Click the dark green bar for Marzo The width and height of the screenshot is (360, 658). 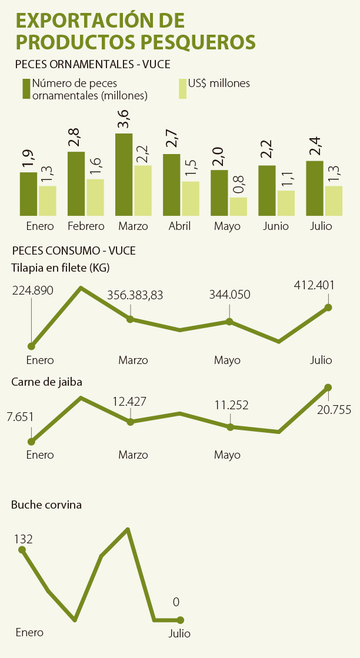[x=124, y=174]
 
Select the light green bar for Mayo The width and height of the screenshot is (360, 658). [x=238, y=206]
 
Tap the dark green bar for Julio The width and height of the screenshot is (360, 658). [x=315, y=188]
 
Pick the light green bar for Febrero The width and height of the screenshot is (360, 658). [x=95, y=197]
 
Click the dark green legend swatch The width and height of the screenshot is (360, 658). [x=26, y=88]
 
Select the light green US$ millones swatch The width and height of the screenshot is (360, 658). [x=182, y=88]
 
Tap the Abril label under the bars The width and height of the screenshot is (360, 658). [x=179, y=226]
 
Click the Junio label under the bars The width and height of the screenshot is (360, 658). [x=276, y=226]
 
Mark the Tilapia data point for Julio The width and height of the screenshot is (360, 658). [x=328, y=308]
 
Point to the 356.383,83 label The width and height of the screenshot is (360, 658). [x=135, y=295]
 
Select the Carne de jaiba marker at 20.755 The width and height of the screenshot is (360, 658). [x=328, y=388]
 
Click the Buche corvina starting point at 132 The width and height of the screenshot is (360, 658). [x=22, y=550]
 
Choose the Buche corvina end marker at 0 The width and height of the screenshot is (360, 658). [x=181, y=620]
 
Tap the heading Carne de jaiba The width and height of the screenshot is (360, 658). [x=46, y=382]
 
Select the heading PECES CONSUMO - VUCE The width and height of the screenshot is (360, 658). [x=74, y=250]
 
